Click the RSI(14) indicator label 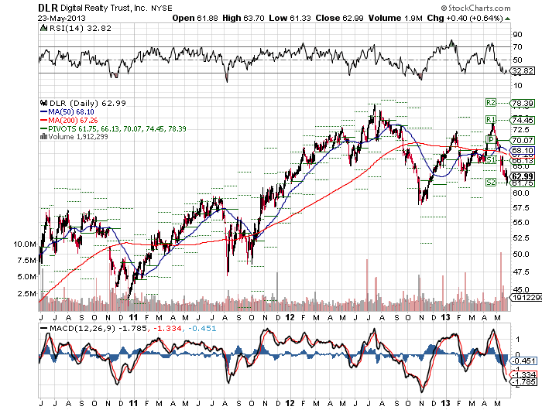[x=55, y=26]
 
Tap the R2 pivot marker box [x=490, y=102]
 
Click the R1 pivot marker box [x=490, y=119]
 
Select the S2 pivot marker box [x=490, y=183]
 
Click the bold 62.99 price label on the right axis [x=523, y=176]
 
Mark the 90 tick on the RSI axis [x=516, y=34]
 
